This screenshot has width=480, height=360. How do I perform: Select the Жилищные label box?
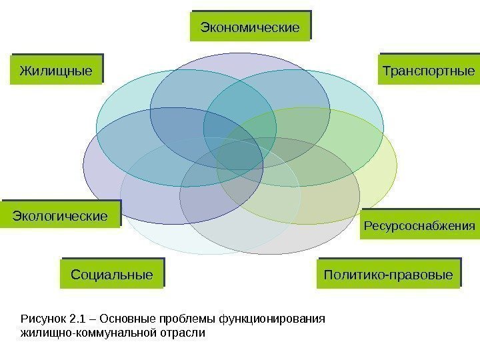tap(56, 69)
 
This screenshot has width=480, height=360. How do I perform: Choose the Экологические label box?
tap(61, 217)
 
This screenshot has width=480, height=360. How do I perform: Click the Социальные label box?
tap(111, 274)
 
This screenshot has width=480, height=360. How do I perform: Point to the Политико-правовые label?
tap(388, 274)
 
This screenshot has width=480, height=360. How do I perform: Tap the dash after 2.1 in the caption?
tap(94, 318)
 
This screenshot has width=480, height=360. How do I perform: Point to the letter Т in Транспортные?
tap(386, 70)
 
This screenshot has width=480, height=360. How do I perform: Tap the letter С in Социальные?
tap(75, 274)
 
